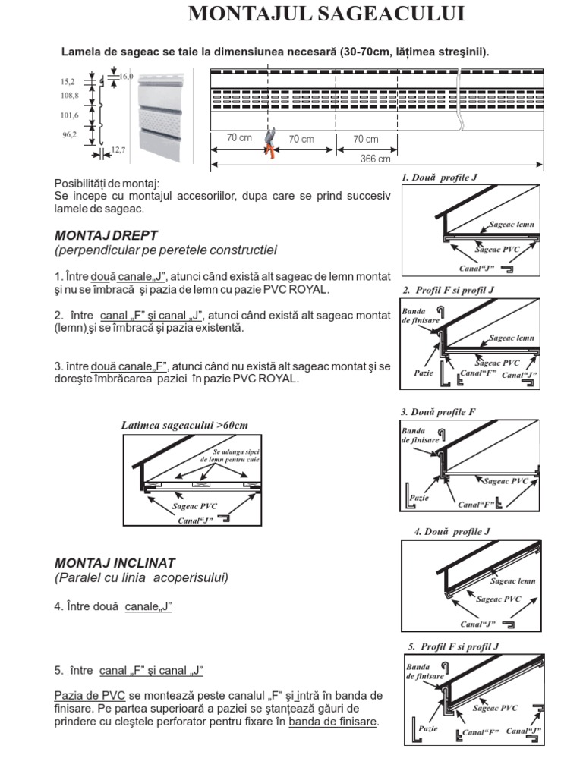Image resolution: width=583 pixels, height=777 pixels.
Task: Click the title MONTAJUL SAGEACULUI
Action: point(326,14)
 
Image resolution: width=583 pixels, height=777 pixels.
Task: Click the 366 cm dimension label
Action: point(376,159)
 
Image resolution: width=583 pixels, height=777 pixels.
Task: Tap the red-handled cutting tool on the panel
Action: point(269,143)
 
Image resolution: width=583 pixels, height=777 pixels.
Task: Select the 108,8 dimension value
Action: point(69,96)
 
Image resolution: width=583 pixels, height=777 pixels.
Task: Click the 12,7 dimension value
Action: point(118,151)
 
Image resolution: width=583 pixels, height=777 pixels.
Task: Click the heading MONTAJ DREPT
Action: point(106,235)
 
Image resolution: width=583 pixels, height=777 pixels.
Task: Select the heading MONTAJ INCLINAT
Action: point(115,563)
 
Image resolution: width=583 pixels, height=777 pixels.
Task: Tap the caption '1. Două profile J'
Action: point(440,177)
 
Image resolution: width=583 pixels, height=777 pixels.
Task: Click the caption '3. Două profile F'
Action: point(438,412)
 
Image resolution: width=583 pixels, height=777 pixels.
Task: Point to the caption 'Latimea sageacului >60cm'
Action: point(184,425)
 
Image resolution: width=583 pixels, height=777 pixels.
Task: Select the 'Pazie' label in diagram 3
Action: point(419,498)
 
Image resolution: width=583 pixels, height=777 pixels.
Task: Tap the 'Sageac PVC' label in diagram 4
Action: point(499,599)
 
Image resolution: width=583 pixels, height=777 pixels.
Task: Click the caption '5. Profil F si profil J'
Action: point(453,646)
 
